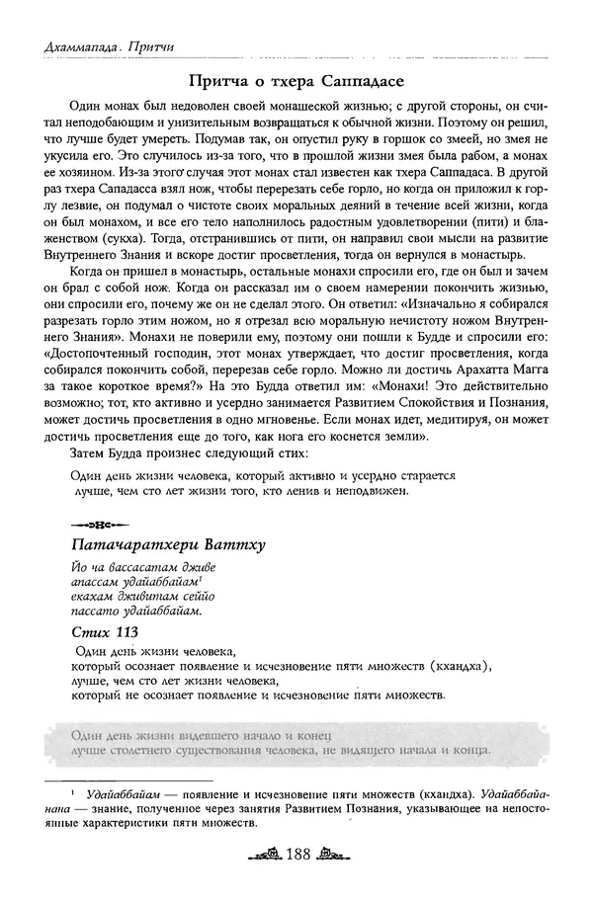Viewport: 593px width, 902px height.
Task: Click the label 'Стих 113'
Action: coord(105,631)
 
